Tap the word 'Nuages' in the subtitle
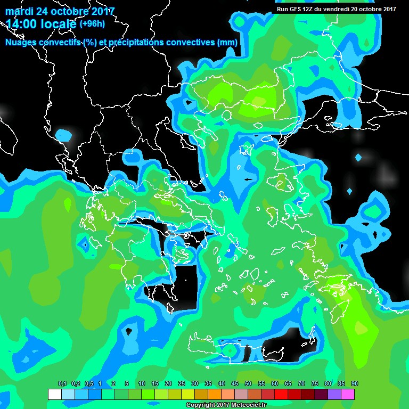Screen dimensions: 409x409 click(21, 43)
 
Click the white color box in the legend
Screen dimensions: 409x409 click(55, 394)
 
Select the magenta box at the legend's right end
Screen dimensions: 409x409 click(348, 394)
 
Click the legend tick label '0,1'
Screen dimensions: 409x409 click(62, 383)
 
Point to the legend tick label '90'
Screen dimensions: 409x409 click(355, 383)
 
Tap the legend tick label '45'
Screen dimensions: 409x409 click(235, 383)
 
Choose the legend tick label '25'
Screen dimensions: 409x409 click(182, 383)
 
